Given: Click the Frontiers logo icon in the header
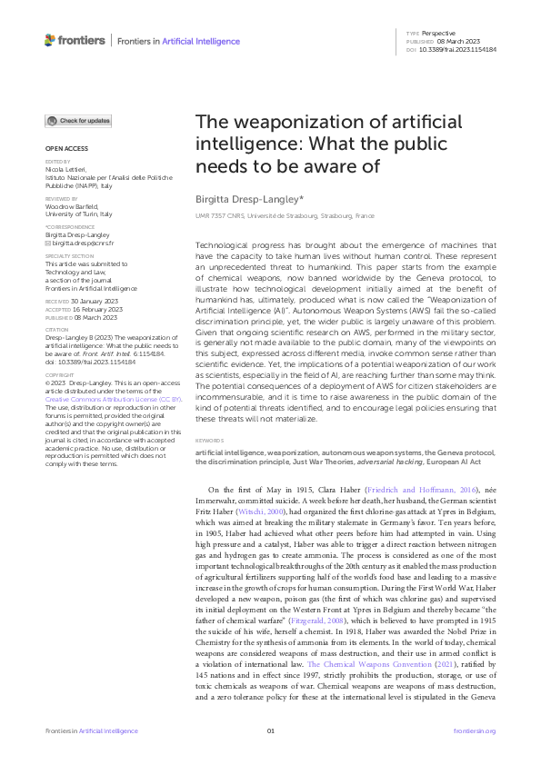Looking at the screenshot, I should point(50,40).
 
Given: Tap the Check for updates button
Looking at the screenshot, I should point(79,121).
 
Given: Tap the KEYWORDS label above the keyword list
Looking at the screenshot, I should point(211,441).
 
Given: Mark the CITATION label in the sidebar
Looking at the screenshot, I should point(56,330).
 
